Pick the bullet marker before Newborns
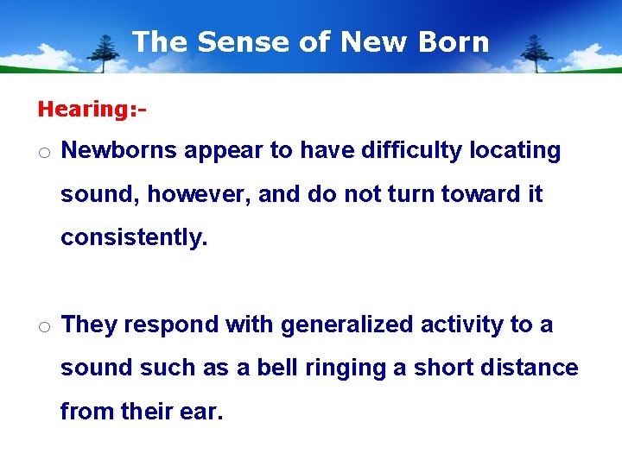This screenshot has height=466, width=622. coord(44,152)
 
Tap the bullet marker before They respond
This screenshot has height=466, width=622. coord(44,326)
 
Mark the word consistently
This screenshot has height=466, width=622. coord(134,238)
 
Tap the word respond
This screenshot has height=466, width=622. coord(171,324)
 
